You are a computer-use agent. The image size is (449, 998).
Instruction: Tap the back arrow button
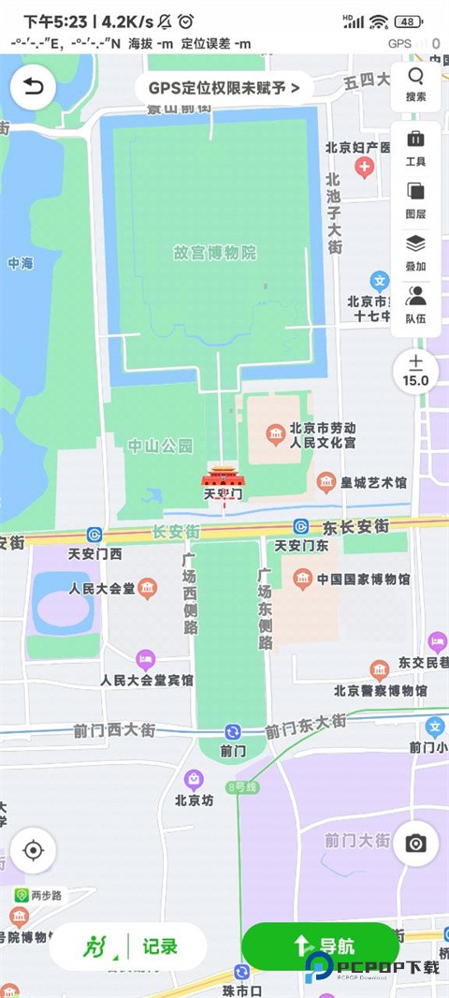pyautogui.click(x=34, y=88)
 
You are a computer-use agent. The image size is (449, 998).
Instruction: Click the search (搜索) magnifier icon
pyautogui.click(x=416, y=77)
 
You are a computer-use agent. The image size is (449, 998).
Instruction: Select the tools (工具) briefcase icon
pyautogui.click(x=416, y=139)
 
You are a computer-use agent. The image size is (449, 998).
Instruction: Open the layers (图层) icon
pyautogui.click(x=416, y=192)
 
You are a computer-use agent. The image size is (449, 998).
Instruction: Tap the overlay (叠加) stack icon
pyautogui.click(x=416, y=244)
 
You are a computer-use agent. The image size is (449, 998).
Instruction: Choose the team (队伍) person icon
pyautogui.click(x=416, y=297)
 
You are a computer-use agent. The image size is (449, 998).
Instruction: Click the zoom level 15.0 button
pyautogui.click(x=416, y=371)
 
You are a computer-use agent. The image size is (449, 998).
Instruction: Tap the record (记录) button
pyautogui.click(x=128, y=947)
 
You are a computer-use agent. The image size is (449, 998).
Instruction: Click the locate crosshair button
pyautogui.click(x=34, y=851)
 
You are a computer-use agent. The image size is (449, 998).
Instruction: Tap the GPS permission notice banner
pyautogui.click(x=224, y=88)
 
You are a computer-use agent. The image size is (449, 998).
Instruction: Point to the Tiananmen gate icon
pyautogui.click(x=224, y=476)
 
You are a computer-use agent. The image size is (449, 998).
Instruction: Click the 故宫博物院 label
pyautogui.click(x=214, y=253)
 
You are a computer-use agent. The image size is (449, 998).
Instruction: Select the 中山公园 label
pyautogui.click(x=160, y=445)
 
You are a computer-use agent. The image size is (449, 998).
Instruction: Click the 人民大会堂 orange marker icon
pyautogui.click(x=148, y=589)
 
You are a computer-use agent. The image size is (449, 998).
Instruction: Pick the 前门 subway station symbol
pyautogui.click(x=232, y=731)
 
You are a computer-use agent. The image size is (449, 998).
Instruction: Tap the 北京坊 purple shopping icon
pyautogui.click(x=194, y=779)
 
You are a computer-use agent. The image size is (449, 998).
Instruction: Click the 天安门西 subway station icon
pyautogui.click(x=94, y=535)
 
